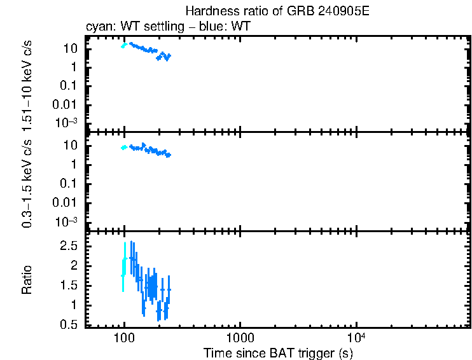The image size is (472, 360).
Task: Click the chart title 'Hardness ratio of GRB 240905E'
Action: pyautogui.click(x=277, y=11)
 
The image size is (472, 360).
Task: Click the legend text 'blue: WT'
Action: pyautogui.click(x=230, y=27)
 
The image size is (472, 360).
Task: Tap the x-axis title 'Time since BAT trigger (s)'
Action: pyautogui.click(x=277, y=352)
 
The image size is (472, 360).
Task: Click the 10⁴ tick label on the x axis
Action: pyautogui.click(x=356, y=336)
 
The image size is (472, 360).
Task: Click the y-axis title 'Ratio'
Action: pyautogui.click(x=27, y=280)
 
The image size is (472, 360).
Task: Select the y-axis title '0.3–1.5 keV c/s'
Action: pyautogui.click(x=27, y=183)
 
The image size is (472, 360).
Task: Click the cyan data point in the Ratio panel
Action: pyautogui.click(x=123, y=274)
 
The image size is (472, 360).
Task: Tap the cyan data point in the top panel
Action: pyautogui.click(x=123, y=45)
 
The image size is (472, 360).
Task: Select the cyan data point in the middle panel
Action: pyautogui.click(x=123, y=148)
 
